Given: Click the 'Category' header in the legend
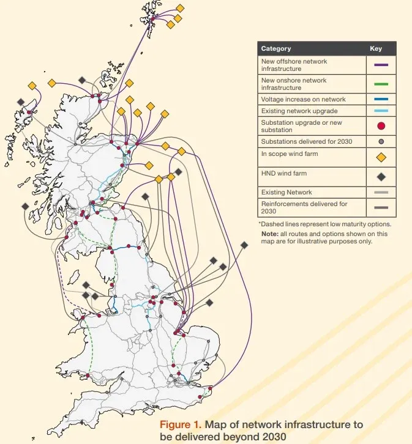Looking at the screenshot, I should click(275, 48).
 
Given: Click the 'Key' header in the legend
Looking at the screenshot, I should click(376, 48).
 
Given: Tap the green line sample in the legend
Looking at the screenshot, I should click(380, 84).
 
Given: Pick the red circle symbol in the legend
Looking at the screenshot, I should click(381, 126).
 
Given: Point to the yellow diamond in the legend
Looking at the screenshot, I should click(381, 157).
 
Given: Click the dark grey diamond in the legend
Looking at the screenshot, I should click(381, 177).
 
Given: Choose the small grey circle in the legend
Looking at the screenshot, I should click(381, 141).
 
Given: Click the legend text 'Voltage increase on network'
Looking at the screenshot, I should click(303, 99).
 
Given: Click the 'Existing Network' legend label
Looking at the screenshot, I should click(286, 192).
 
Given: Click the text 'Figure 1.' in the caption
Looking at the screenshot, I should click(180, 424).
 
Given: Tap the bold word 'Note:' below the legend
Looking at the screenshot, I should click(269, 233).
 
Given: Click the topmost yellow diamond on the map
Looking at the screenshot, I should click(180, 8).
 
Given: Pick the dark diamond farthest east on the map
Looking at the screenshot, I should click(244, 245).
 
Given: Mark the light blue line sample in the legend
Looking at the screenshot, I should click(380, 111).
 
